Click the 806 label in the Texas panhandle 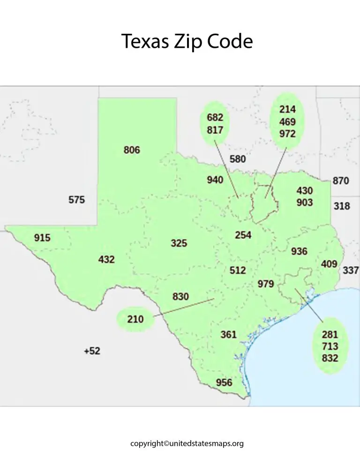(x=132, y=150)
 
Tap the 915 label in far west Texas (x=42, y=238)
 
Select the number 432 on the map (x=106, y=259)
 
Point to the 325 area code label (x=179, y=243)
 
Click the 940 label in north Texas (x=215, y=180)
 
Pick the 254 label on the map (x=243, y=235)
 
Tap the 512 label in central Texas (x=238, y=270)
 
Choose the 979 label (x=266, y=284)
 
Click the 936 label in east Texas (x=299, y=251)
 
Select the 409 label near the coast (x=329, y=264)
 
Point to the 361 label (x=228, y=334)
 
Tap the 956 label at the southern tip (x=224, y=383)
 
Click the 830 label (x=180, y=296)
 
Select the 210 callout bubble (x=135, y=319)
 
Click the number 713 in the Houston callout (x=330, y=346)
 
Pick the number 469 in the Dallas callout (x=287, y=122)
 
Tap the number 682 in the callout (x=215, y=118)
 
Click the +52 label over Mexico (x=92, y=351)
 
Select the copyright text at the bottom (x=187, y=443)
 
